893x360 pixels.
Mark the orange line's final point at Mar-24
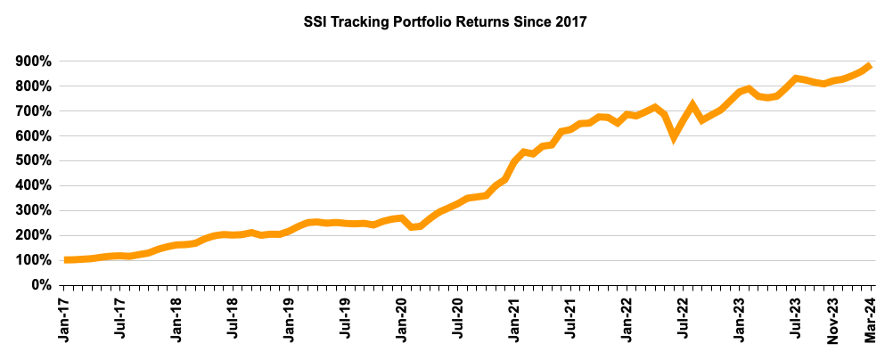click(x=869, y=66)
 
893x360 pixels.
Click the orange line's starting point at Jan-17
click(x=66, y=259)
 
